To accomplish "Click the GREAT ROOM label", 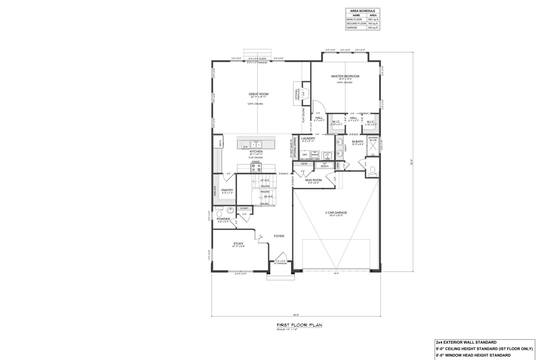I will (x=258, y=94).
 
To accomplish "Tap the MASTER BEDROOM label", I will (x=345, y=76).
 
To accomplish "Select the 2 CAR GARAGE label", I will (x=334, y=213).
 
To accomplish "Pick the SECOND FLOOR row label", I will (x=356, y=24).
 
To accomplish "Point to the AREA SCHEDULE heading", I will (x=363, y=11).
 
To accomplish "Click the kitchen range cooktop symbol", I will (x=60, y=168).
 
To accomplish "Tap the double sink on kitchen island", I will (x=59, y=145).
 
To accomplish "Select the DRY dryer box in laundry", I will (x=305, y=155).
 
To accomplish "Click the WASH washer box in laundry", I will (x=314, y=155).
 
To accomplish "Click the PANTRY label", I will (x=227, y=190).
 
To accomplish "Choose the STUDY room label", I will (x=238, y=244).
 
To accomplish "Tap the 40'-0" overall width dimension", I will (x=295, y=315).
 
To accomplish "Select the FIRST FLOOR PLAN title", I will (x=299, y=325).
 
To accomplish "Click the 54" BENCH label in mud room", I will (x=324, y=165).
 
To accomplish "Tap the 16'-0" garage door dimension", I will (x=336, y=273).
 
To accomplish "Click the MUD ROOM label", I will (x=313, y=180).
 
